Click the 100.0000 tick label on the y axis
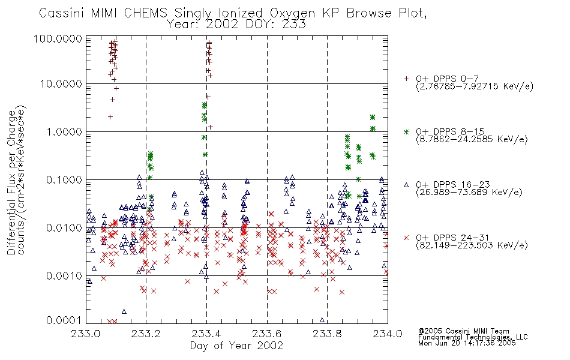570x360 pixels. tap(58, 38)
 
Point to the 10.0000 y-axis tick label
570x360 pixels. tap(61, 84)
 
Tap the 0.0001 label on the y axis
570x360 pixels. tap(64, 320)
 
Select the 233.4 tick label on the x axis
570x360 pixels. tap(206, 334)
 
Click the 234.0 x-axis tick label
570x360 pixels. tap(388, 334)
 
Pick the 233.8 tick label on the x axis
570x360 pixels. tap(327, 334)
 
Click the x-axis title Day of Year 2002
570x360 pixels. tap(236, 346)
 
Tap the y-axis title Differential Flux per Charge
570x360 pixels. tap(11, 182)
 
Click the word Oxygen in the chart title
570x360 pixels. tap(293, 13)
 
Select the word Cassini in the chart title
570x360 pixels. tap(62, 13)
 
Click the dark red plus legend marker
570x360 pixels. tap(406, 79)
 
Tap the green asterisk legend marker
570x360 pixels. tap(406, 131)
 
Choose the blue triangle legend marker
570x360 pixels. tap(406, 185)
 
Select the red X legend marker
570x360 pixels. tap(406, 238)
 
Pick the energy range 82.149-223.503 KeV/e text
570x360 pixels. tap(472, 245)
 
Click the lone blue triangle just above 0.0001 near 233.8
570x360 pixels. tap(322, 320)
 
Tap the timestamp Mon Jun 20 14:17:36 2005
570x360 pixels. tap(467, 343)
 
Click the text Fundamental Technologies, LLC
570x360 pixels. tap(473, 337)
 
